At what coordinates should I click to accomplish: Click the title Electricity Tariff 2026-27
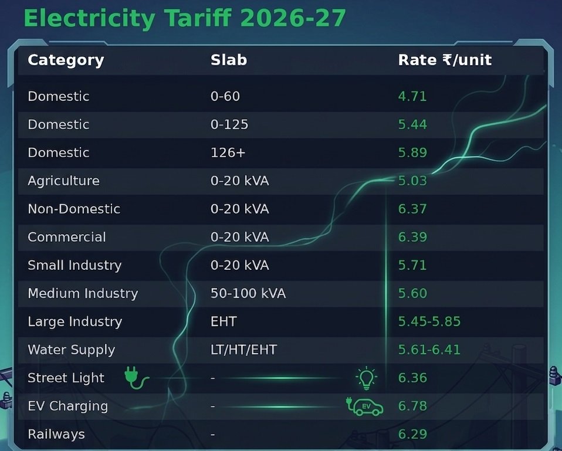click(184, 18)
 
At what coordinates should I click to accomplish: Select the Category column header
click(66, 60)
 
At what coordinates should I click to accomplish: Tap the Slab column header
click(229, 60)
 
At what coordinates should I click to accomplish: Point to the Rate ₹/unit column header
click(445, 60)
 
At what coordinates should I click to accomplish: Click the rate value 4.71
click(412, 96)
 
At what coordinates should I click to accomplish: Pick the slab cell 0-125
click(229, 124)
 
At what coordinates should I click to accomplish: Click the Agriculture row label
click(63, 181)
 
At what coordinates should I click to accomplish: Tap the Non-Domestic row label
click(74, 209)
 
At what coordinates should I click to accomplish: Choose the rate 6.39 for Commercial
click(412, 237)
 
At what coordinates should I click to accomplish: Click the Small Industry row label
click(75, 265)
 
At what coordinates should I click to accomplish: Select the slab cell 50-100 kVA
click(248, 293)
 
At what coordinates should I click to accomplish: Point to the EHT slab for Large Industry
click(224, 321)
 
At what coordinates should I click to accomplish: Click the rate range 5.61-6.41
click(429, 350)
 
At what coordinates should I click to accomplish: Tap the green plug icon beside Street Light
click(137, 378)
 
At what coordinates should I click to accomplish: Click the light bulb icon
click(367, 378)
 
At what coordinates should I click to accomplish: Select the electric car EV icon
click(365, 406)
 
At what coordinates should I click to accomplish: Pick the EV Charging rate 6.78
click(412, 406)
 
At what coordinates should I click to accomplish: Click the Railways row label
click(56, 434)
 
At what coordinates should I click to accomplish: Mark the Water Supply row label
click(71, 350)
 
